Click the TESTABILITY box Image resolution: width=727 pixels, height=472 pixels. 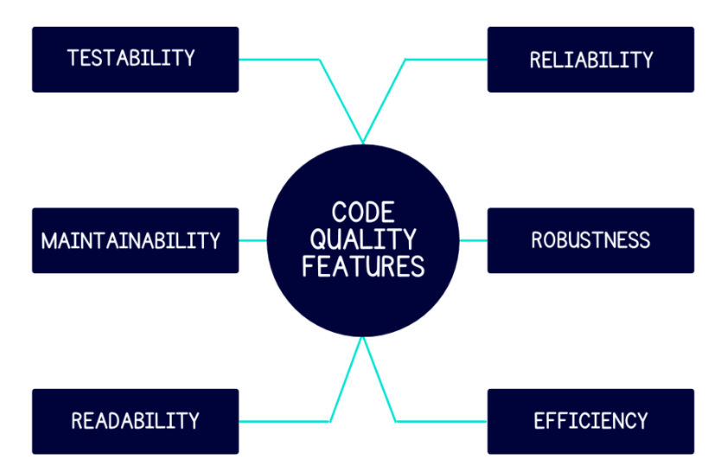click(135, 59)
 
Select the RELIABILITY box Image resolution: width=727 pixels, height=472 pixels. click(590, 59)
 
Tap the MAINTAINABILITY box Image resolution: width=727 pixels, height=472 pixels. click(135, 240)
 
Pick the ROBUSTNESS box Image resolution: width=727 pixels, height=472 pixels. click(590, 240)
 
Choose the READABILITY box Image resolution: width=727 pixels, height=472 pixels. click(135, 421)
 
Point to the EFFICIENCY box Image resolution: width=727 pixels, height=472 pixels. click(590, 421)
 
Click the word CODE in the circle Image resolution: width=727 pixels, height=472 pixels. click(363, 212)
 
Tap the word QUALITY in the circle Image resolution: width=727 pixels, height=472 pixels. click(363, 238)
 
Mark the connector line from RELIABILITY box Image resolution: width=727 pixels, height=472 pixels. click(445, 59)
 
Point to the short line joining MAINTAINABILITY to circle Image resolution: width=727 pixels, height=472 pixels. click(252, 240)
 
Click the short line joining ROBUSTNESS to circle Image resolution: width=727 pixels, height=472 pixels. click(473, 240)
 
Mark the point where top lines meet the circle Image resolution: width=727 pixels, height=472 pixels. click(363, 143)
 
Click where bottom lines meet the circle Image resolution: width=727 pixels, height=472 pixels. click(363, 338)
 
